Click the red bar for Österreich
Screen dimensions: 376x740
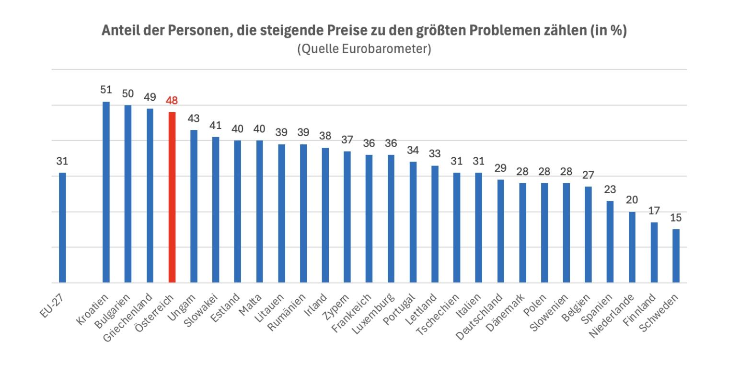[172, 197]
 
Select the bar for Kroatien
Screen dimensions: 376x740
[106, 192]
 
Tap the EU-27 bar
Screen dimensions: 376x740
[62, 228]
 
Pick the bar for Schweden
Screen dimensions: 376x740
[676, 256]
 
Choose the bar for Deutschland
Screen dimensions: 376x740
[500, 231]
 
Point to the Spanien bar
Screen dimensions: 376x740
[610, 242]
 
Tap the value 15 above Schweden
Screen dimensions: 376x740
[676, 218]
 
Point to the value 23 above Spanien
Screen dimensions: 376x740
[610, 190]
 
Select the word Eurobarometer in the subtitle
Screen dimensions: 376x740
[391, 49]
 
